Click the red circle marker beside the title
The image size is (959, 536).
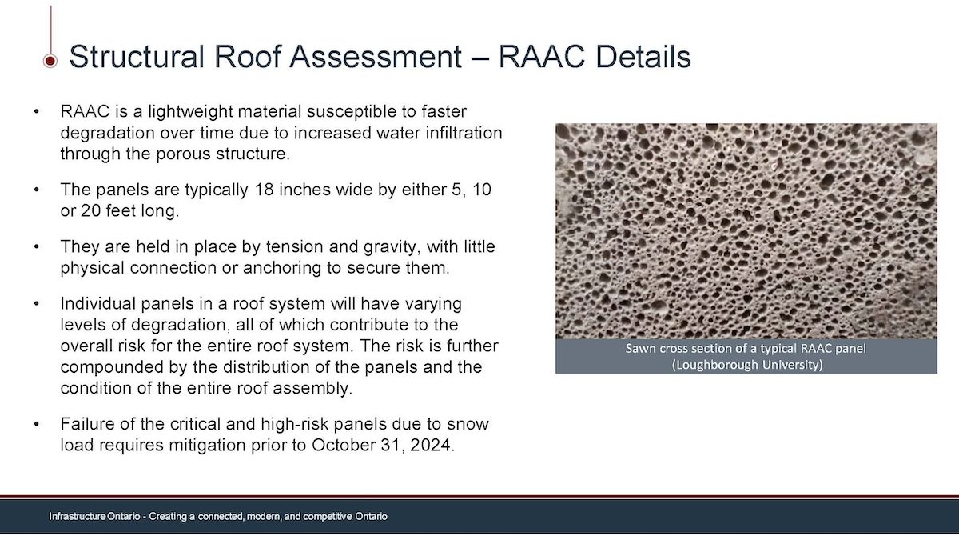pos(50,61)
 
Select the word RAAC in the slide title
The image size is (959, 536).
pos(542,56)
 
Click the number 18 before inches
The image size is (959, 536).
pos(265,190)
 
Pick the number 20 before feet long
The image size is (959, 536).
pos(90,211)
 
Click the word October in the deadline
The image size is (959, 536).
pos(343,445)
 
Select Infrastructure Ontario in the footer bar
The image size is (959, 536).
pos(94,516)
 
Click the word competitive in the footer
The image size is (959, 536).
pos(328,517)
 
